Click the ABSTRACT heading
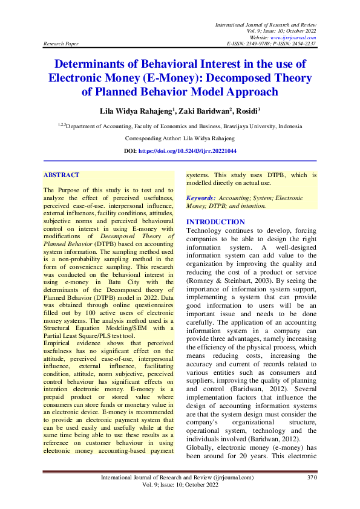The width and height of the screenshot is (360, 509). (61, 175)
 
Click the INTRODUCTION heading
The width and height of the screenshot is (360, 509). (215, 222)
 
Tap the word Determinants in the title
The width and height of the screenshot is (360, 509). (95, 63)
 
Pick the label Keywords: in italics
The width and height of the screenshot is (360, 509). (201, 198)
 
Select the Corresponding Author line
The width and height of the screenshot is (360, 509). (180, 139)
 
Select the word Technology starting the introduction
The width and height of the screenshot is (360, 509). (206, 230)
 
